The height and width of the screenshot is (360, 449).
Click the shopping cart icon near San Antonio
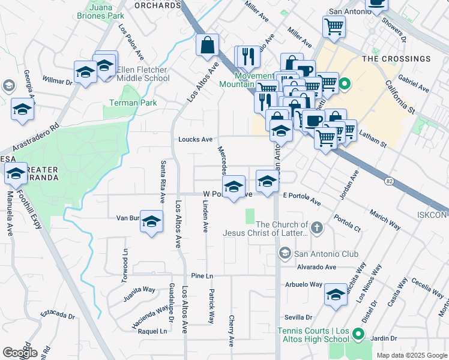(334, 26)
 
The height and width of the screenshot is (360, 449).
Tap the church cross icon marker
(318, 227)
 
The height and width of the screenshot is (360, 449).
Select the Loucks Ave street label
(195, 139)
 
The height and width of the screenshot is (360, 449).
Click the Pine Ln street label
(202, 275)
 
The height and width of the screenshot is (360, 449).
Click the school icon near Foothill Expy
(16, 174)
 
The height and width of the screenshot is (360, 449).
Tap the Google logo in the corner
(20, 353)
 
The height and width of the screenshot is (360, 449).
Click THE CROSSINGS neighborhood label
(396, 59)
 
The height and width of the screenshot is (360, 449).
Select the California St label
(400, 98)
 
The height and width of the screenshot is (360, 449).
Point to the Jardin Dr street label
(384, 338)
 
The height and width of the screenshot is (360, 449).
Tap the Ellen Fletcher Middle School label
(143, 74)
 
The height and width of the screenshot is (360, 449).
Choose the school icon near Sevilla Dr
(336, 295)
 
